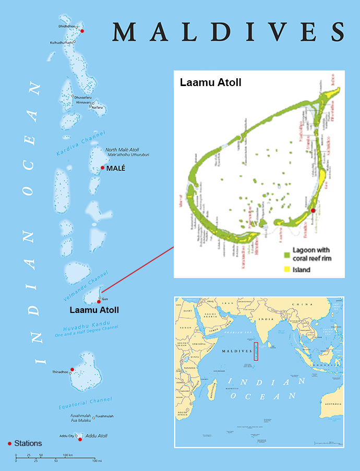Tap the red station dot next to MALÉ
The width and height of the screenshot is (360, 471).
[x=103, y=168]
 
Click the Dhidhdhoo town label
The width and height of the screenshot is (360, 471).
[x=66, y=26]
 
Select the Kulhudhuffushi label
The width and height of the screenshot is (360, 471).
[x=62, y=42]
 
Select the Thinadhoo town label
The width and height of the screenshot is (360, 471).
[x=60, y=372]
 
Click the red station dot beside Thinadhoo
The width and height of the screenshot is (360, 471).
[x=72, y=369]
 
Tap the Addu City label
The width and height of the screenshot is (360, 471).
[x=67, y=435]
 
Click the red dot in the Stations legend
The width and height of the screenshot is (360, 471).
[x=10, y=443]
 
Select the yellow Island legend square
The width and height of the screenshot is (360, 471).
[x=287, y=269]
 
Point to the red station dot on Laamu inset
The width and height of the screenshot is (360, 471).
[x=313, y=210]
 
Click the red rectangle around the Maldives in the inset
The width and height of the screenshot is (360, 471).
[x=256, y=351]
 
